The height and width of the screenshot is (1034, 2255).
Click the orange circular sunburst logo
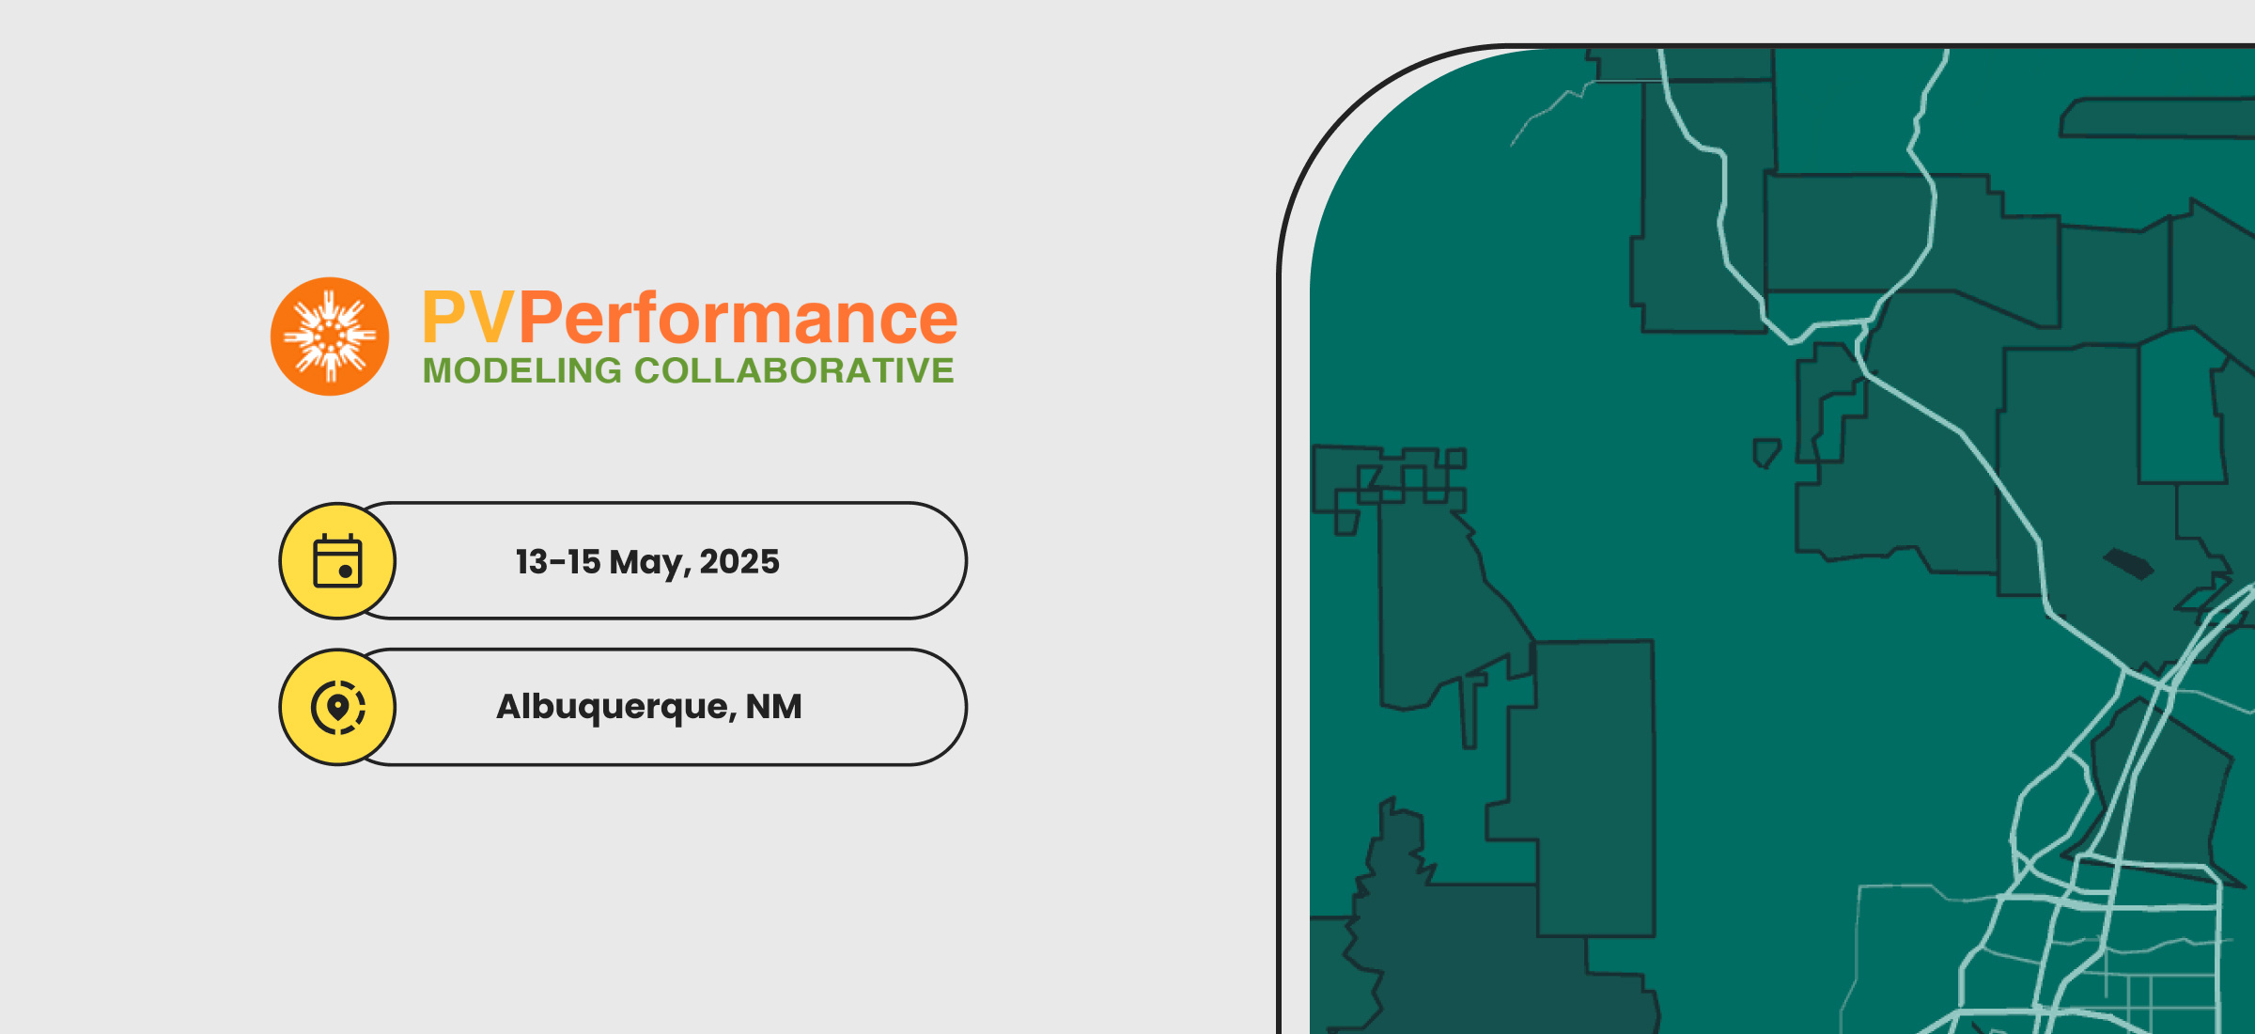click(330, 337)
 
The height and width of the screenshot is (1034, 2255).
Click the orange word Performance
click(738, 318)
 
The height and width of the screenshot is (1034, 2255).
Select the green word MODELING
click(522, 370)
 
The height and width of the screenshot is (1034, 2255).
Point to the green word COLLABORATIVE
click(794, 370)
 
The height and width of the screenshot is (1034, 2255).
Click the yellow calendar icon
click(337, 561)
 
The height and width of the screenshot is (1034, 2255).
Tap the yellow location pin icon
click(337, 707)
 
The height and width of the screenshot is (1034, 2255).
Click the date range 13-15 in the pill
click(558, 562)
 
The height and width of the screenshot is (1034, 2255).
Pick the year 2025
click(739, 562)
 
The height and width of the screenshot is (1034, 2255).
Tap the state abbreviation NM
click(774, 707)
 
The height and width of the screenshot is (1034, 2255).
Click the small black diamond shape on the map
click(2129, 564)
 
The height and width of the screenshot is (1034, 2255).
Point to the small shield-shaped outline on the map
click(1766, 453)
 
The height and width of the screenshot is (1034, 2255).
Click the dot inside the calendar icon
click(346, 572)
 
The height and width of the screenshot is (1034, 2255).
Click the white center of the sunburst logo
click(330, 336)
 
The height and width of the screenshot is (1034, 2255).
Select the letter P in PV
click(443, 318)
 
